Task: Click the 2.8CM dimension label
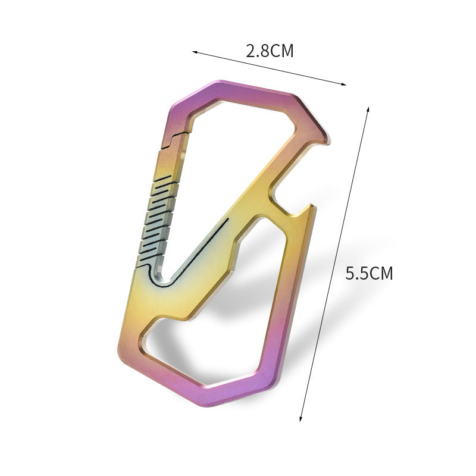[270, 51]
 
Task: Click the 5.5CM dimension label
[369, 273]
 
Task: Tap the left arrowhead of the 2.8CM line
[195, 52]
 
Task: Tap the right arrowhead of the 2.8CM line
[343, 84]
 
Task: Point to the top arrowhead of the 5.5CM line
[368, 109]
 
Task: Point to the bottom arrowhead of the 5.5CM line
[301, 418]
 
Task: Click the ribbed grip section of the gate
[158, 220]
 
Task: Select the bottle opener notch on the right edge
[286, 198]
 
